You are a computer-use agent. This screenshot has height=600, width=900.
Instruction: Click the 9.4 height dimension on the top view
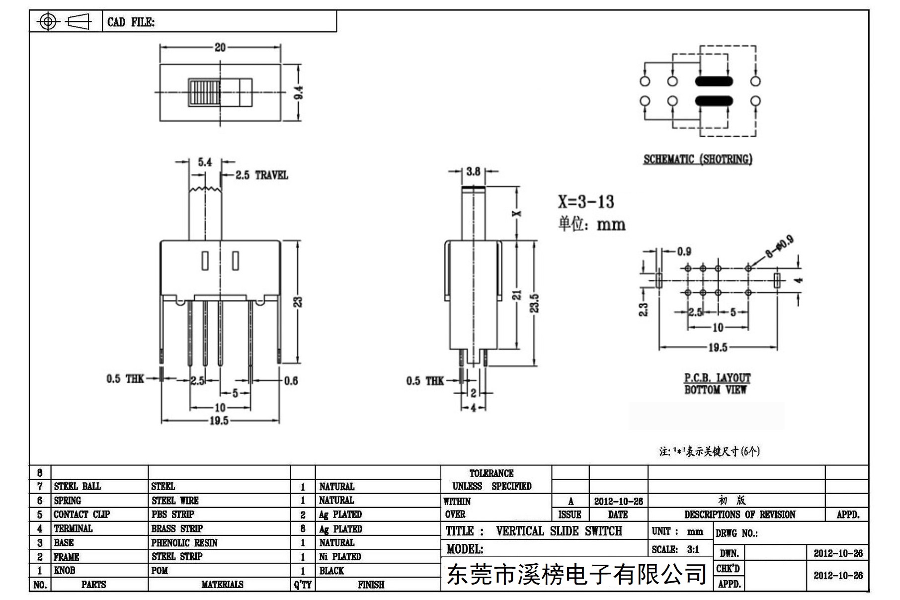tap(299, 92)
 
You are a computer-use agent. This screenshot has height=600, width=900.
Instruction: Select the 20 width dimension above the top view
tap(220, 47)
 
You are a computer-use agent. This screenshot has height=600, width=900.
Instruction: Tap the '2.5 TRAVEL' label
tap(261, 175)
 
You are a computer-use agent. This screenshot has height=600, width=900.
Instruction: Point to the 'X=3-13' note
tap(586, 201)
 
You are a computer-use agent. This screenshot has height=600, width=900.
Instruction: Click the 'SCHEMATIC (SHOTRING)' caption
tap(698, 159)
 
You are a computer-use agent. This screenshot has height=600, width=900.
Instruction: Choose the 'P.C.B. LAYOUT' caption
tap(717, 378)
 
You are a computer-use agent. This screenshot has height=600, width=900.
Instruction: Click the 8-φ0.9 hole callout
tap(780, 247)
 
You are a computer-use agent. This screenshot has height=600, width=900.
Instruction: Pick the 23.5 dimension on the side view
tap(534, 303)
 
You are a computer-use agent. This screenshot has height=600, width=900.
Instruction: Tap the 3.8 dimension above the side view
tap(473, 171)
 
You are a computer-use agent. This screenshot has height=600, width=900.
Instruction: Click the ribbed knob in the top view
tap(204, 92)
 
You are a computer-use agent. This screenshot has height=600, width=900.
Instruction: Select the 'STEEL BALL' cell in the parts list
tap(78, 486)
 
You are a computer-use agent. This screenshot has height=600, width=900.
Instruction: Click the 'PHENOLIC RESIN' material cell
tap(184, 543)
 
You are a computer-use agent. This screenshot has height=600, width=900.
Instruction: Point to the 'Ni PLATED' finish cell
tap(340, 557)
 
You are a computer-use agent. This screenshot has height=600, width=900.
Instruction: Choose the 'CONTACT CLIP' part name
tap(82, 514)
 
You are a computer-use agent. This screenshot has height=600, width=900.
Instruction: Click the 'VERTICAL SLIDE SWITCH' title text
tap(559, 531)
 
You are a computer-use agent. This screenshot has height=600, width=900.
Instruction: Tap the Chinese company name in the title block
tap(576, 575)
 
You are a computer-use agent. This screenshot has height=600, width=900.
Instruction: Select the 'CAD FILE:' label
tap(131, 22)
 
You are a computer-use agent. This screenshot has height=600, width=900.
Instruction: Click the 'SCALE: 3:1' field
tap(676, 549)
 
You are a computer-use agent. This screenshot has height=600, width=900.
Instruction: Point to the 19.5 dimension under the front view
tap(219, 421)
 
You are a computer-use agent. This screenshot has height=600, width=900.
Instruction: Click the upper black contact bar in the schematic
tap(714, 82)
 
